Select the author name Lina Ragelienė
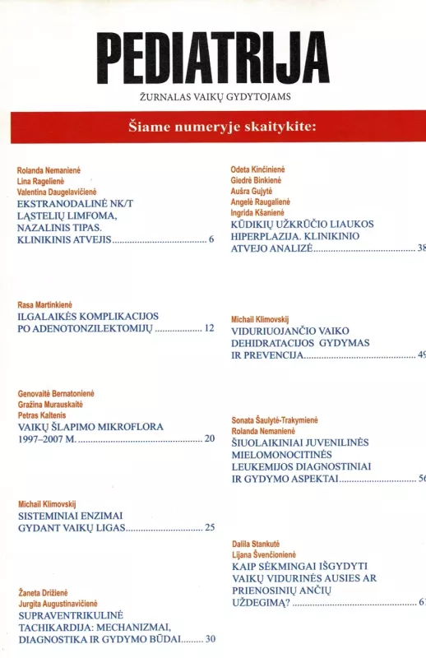(x=40, y=181)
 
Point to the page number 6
(x=211, y=240)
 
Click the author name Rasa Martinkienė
(x=47, y=305)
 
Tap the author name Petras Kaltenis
(x=41, y=416)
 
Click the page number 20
(x=209, y=439)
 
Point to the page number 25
(x=209, y=528)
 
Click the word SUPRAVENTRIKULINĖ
(x=70, y=614)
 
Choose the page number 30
(x=211, y=639)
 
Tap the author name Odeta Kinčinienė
(x=257, y=169)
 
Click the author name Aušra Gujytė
(x=251, y=191)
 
